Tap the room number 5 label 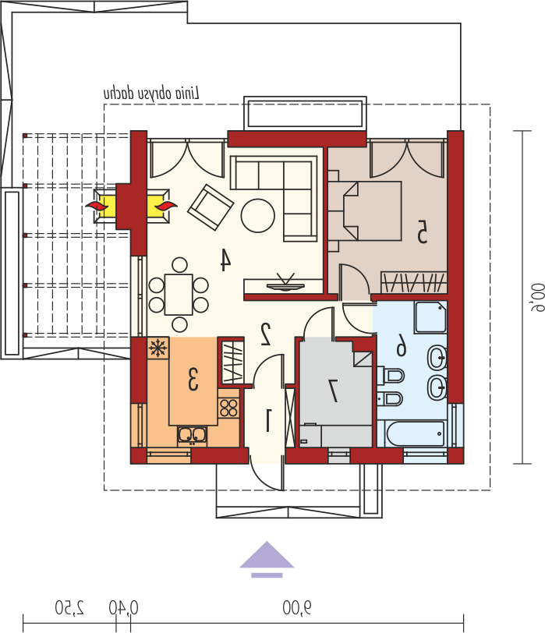coord(422,232)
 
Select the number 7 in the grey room coord(334,391)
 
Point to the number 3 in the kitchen coord(193,379)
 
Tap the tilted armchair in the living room coord(211,207)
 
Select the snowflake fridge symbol coord(157,348)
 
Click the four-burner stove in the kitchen coord(228,408)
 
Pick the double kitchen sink coord(192,435)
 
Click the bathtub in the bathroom coord(416,434)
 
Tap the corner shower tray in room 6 coord(430,317)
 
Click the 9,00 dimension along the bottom coord(297,608)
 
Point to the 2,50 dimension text coord(70,608)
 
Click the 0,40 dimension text coord(123,608)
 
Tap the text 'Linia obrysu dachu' coord(151,94)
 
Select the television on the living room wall coord(285,282)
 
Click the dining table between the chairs coord(179,295)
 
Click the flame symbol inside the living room coord(166,207)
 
